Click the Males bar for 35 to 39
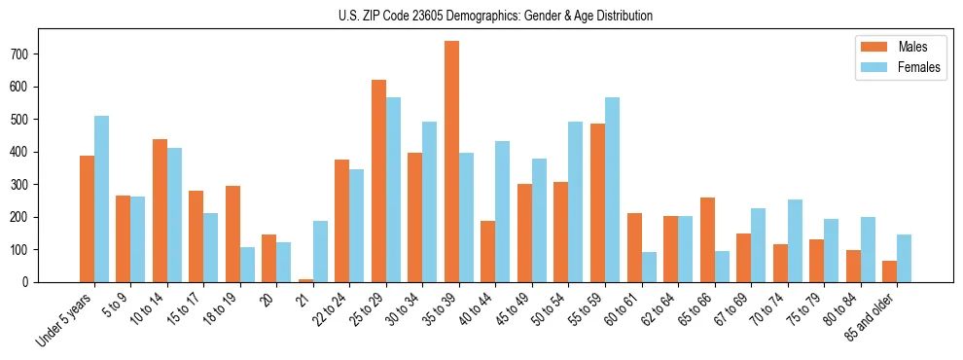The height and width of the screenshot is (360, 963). click(x=451, y=162)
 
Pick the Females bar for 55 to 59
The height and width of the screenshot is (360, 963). click(x=612, y=190)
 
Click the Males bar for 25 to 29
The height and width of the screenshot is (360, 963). click(x=378, y=181)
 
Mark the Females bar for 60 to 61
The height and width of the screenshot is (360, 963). click(x=649, y=267)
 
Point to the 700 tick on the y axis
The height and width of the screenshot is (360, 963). click(x=26, y=54)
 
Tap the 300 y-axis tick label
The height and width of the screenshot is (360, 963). click(x=26, y=185)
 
